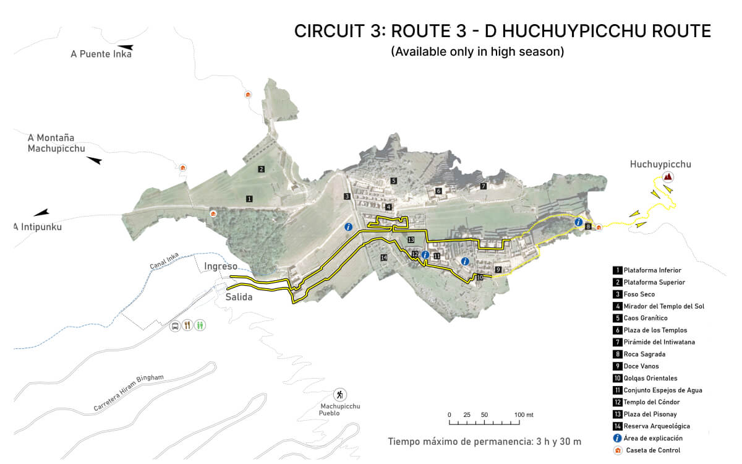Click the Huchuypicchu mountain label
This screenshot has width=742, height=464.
pyautogui.click(x=660, y=164)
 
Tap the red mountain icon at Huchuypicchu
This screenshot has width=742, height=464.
pyautogui.click(x=668, y=177)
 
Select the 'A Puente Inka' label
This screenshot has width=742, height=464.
pyautogui.click(x=101, y=54)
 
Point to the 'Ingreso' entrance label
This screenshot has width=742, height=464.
pyautogui.click(x=221, y=266)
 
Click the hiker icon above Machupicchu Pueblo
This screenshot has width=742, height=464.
pyautogui.click(x=339, y=394)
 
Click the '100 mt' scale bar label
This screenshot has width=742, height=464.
pyautogui.click(x=524, y=415)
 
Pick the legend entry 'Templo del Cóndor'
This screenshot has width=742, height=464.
pyautogui.click(x=651, y=402)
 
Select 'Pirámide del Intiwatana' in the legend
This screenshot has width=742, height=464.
pyautogui.click(x=655, y=342)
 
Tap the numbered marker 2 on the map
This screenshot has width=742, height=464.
pyautogui.click(x=262, y=169)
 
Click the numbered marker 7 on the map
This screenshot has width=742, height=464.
pyautogui.click(x=484, y=186)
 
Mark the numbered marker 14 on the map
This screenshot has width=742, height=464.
pyautogui.click(x=384, y=257)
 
